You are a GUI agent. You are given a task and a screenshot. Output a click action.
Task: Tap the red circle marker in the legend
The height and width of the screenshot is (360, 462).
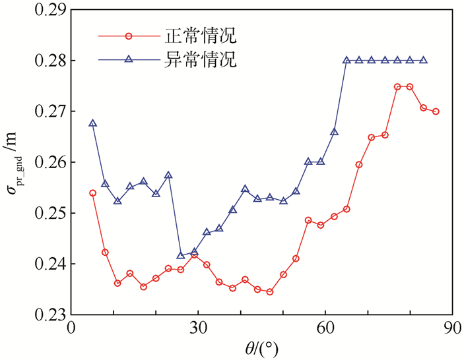click(129, 36)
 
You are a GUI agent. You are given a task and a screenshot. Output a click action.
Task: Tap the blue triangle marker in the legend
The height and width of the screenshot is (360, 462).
click(129, 60)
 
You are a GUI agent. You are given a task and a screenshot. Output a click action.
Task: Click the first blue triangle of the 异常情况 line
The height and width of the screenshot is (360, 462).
click(92, 123)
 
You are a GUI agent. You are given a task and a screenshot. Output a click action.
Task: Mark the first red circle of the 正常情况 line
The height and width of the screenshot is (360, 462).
click(92, 193)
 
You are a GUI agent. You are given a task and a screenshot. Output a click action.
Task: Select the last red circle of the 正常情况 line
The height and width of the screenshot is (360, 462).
click(436, 111)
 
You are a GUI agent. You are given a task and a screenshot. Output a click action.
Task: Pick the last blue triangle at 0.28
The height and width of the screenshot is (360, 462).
click(424, 60)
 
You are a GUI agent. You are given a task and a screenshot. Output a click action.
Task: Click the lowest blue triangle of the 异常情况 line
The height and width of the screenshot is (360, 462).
click(181, 256)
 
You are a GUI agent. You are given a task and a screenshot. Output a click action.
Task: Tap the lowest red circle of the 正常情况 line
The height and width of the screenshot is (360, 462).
click(270, 291)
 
